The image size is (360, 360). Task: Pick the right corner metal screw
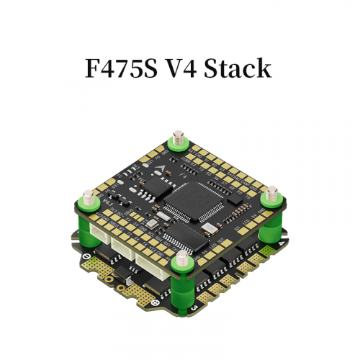[273, 192]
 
